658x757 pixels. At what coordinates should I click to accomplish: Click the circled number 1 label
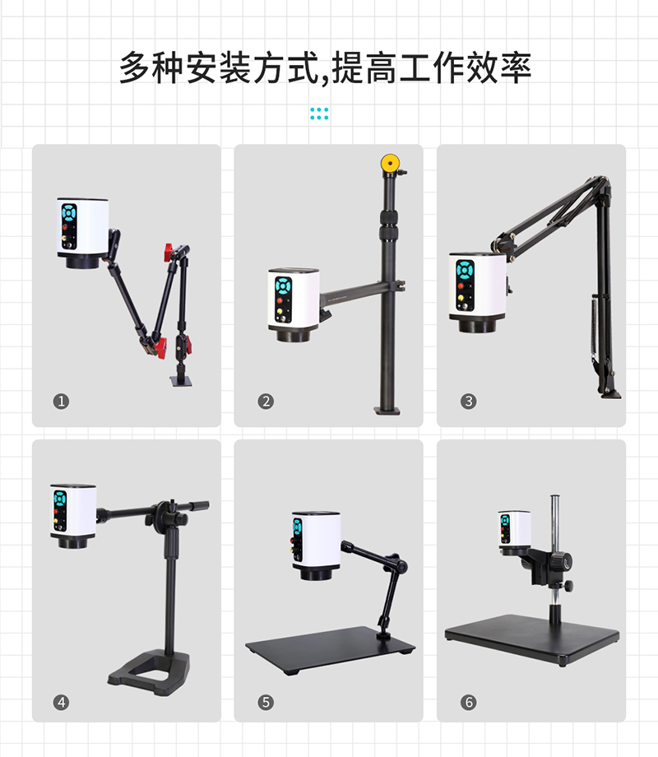tap(61, 402)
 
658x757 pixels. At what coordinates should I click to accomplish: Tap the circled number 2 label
tap(266, 402)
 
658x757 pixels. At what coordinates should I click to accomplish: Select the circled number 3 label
tap(468, 402)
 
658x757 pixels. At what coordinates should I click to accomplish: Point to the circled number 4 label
tap(61, 702)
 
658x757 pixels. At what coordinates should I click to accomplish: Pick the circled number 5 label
tap(266, 702)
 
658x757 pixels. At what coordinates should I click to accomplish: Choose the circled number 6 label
tap(468, 702)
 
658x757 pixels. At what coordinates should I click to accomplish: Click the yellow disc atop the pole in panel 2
tap(390, 163)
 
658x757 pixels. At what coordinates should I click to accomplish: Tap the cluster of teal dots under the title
tap(319, 114)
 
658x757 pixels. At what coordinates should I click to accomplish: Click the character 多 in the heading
tap(135, 67)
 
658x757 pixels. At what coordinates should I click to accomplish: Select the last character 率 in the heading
tap(516, 67)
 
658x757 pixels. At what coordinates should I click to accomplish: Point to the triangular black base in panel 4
tap(149, 672)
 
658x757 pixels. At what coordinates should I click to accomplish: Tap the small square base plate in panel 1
tap(181, 382)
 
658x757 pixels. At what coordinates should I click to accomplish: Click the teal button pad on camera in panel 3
tap(465, 270)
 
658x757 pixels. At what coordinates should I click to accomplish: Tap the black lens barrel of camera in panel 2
tap(294, 334)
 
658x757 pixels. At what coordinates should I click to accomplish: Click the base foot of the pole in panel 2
tap(387, 411)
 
